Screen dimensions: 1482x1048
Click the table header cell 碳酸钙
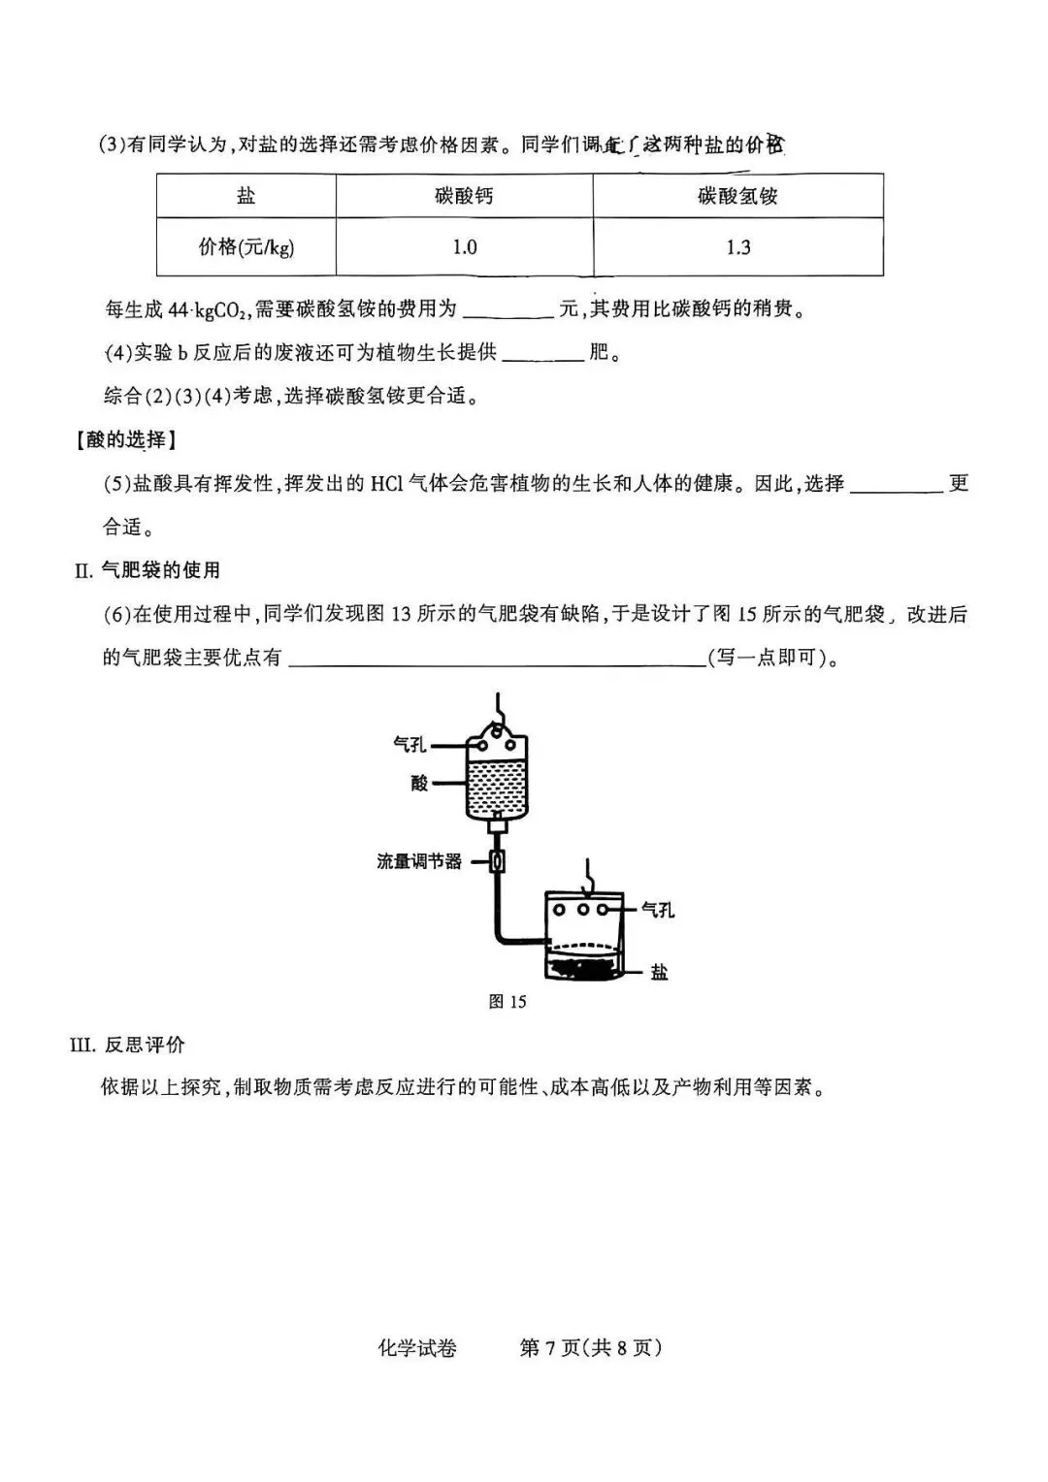pos(464,196)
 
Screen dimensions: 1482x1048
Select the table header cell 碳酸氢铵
pos(737,196)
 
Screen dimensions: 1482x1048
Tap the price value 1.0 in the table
pos(465,247)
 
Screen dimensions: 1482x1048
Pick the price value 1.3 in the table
pos(738,247)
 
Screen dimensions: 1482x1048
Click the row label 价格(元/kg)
pos(246,247)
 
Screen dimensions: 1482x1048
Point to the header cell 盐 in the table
pos(246,196)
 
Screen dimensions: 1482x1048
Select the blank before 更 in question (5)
pos(896,485)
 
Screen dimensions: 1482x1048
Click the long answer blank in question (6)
pos(497,660)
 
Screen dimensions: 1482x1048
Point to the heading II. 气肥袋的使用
pos(147,570)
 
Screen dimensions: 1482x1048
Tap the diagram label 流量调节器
pos(418,861)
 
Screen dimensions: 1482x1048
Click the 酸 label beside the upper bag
pos(419,783)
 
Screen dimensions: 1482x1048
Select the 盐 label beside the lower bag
pos(659,972)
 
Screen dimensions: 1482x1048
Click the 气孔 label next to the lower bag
pos(657,910)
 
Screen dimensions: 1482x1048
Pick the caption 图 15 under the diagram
pos(507,1002)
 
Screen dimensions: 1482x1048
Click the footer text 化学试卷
pos(416,1348)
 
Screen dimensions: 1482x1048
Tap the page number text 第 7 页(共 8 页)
pos(591,1348)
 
